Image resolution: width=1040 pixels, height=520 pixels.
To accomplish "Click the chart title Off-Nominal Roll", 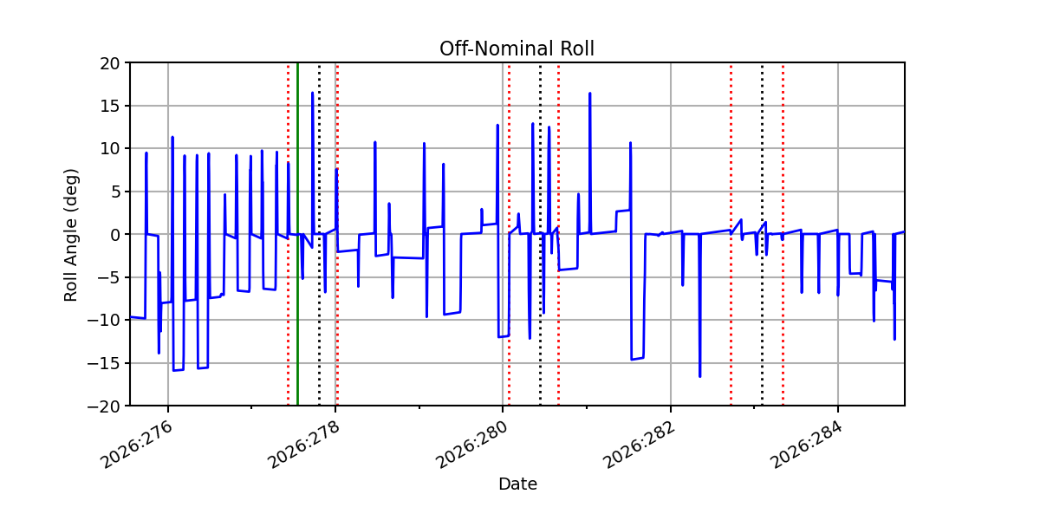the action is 517,49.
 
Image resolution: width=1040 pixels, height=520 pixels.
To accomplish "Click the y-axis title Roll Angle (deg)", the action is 70,235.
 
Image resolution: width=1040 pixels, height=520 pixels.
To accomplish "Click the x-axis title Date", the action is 517,484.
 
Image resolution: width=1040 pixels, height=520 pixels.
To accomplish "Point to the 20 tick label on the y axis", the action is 109,63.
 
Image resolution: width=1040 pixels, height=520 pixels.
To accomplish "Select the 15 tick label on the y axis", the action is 109,107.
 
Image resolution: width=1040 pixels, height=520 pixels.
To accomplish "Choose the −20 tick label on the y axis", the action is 103,406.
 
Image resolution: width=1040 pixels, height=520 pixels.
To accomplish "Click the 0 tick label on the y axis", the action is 115,235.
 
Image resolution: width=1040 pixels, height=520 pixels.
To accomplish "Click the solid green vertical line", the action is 297,234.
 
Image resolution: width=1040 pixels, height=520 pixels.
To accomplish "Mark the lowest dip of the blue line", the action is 699,376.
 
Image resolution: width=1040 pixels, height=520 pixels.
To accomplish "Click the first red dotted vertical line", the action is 289,234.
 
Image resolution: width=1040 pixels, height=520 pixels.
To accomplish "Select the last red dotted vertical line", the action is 783,234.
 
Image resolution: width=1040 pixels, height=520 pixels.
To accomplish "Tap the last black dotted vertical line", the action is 762,234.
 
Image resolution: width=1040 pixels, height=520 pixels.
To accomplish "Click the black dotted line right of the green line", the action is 319,234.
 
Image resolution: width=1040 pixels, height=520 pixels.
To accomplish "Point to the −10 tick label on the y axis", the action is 103,321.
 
